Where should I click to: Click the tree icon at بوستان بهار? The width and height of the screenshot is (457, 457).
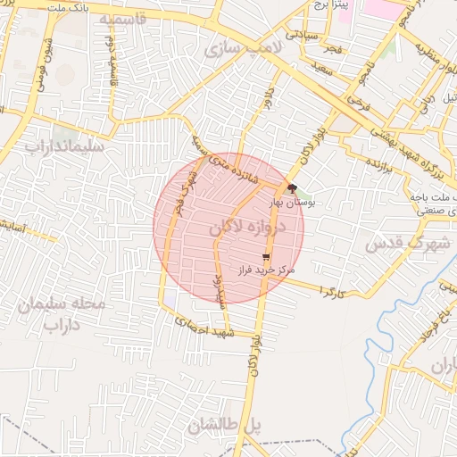click(293, 188)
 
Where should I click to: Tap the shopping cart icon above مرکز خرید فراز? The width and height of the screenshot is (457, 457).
click(267, 256)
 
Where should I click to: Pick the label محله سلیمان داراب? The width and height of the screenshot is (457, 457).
click(61, 314)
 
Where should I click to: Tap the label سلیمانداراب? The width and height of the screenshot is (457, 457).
click(64, 145)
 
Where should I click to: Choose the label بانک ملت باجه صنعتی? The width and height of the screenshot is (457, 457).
click(433, 204)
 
